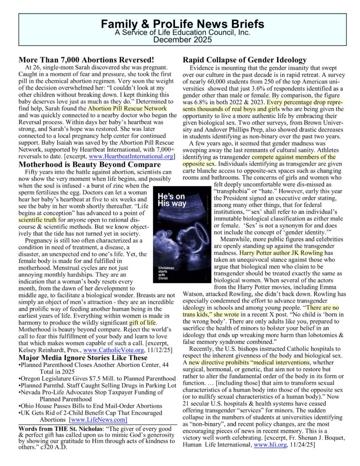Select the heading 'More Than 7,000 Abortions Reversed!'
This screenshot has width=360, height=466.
(x=86, y=60)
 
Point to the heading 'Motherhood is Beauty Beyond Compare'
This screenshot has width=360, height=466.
(x=91, y=164)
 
